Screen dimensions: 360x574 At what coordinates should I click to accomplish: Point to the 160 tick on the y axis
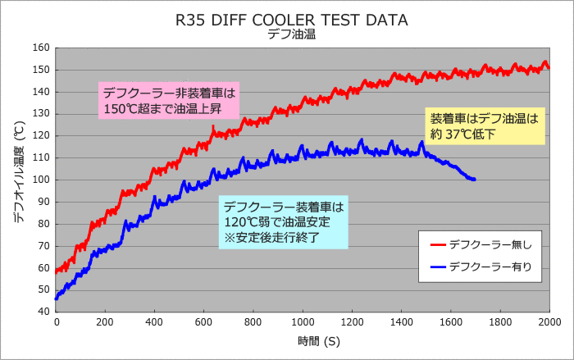(x=41, y=48)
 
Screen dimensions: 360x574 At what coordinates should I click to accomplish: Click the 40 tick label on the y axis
(x=43, y=312)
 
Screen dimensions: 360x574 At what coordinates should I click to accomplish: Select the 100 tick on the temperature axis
(x=41, y=180)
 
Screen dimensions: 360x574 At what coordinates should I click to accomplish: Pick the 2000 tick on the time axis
(x=549, y=323)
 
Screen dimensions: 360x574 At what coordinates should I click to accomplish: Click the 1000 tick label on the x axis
(x=303, y=323)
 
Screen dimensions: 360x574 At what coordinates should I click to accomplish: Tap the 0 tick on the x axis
(x=56, y=323)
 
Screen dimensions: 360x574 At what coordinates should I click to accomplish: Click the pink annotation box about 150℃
(x=168, y=100)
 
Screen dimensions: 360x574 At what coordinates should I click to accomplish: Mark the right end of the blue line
(x=475, y=180)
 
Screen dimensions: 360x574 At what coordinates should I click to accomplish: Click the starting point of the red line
(x=56, y=271)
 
